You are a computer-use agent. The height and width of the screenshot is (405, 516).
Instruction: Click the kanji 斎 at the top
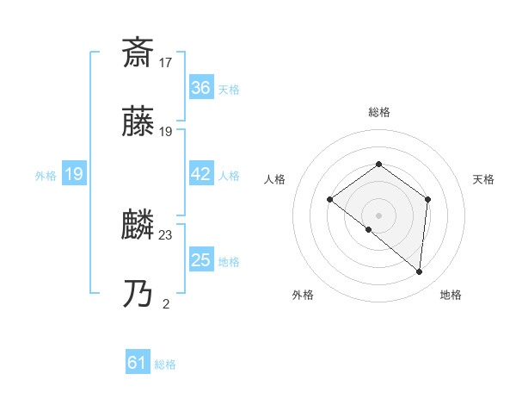click(138, 53)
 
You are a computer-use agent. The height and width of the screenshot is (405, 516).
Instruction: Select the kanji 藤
click(138, 122)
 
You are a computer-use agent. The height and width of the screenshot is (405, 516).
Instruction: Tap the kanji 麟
click(138, 227)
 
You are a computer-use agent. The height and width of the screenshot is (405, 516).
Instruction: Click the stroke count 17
click(166, 62)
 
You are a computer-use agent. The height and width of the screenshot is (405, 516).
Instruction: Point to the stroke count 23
click(166, 234)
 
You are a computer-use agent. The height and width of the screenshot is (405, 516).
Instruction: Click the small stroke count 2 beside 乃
click(166, 303)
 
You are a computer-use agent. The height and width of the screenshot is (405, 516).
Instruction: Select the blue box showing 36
click(200, 88)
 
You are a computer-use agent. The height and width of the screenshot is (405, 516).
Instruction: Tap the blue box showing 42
click(200, 174)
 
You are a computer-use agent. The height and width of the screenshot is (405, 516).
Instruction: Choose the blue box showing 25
click(200, 260)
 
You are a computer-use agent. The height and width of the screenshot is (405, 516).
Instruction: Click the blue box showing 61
click(138, 363)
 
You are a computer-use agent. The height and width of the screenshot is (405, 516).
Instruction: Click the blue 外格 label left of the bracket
click(46, 175)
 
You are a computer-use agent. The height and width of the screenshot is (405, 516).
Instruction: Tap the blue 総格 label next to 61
click(165, 364)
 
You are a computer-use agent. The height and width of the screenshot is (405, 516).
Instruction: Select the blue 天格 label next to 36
click(229, 89)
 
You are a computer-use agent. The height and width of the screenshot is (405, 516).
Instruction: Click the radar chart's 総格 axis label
click(379, 112)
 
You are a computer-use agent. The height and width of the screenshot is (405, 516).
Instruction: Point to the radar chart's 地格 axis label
click(451, 295)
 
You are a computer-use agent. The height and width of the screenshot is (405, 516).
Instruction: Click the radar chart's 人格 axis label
click(275, 179)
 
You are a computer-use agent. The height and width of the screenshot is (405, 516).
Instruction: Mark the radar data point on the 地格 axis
click(420, 272)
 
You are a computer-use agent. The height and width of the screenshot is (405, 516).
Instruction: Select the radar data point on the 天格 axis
click(427, 199)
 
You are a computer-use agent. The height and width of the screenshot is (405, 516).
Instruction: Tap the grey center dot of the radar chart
click(379, 215)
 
